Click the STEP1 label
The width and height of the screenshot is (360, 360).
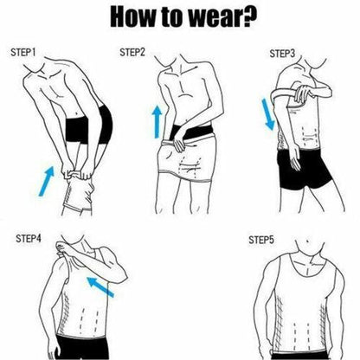click(23, 53)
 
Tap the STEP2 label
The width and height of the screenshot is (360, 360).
click(132, 53)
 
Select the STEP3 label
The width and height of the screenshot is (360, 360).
click(282, 54)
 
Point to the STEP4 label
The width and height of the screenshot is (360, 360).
click(29, 239)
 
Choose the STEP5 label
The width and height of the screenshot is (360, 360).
click(261, 240)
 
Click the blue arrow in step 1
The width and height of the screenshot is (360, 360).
click(47, 181)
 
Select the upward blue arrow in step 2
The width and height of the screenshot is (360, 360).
click(157, 122)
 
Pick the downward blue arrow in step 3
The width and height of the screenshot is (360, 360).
click(268, 114)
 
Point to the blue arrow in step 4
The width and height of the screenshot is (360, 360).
click(100, 286)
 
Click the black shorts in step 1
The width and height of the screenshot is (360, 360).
click(88, 125)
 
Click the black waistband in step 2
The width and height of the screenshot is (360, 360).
click(192, 132)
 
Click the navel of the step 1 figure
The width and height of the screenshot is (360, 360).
click(76, 113)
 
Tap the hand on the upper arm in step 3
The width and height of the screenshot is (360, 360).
click(303, 93)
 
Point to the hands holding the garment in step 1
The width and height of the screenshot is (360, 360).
click(78, 173)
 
